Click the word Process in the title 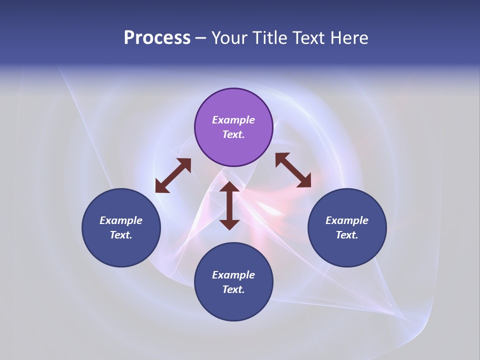tap(157, 38)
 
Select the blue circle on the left tap(121, 227)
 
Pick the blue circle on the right tap(347, 227)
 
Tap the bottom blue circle tap(233, 282)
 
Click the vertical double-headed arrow tap(229, 205)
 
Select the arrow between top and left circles tap(173, 175)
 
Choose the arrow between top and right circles tap(293, 170)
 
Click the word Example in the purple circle tap(233, 120)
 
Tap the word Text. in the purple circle tap(233, 134)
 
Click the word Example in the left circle tap(121, 220)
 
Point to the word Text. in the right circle tap(347, 235)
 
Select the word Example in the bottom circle tap(233, 275)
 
